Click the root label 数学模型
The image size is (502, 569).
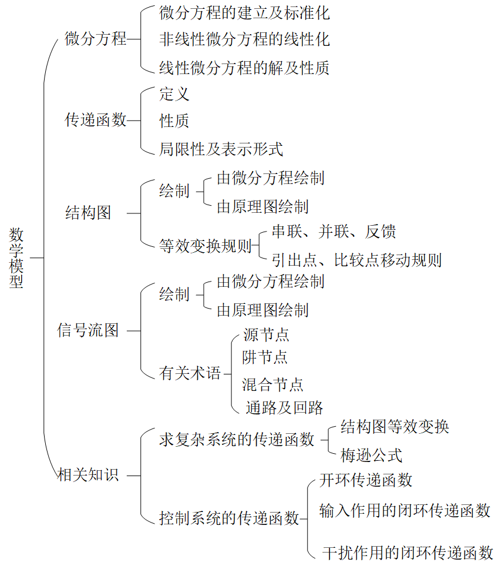[17, 257]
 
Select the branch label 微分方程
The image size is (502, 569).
[96, 39]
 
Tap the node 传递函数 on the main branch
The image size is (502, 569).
[96, 121]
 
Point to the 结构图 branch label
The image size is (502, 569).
[88, 213]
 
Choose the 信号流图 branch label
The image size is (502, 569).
[88, 330]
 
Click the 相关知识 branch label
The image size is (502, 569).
[88, 474]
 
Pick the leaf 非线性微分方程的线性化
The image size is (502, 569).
[244, 39]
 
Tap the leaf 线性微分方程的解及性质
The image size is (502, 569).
[244, 68]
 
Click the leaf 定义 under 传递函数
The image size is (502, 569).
[174, 93]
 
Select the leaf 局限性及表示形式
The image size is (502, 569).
[221, 149]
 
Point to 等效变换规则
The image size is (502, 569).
[205, 246]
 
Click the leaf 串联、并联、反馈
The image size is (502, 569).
[333, 232]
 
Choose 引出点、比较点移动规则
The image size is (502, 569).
[356, 260]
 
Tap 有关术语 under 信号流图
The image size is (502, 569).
[190, 373]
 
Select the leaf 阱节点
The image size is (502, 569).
[265, 357]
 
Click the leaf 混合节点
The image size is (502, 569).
[272, 384]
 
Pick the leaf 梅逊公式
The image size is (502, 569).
[371, 455]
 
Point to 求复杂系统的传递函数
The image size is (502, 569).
[237, 440]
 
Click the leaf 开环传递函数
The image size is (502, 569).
[366, 480]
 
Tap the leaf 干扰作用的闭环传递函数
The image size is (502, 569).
[408, 553]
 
